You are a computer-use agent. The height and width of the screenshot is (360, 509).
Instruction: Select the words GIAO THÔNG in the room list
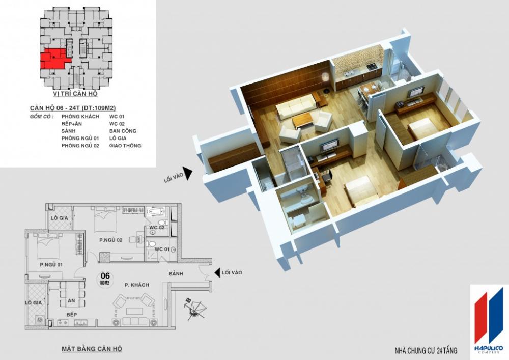click(x=125, y=146)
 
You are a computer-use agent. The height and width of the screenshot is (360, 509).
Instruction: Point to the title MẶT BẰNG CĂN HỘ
click(x=92, y=349)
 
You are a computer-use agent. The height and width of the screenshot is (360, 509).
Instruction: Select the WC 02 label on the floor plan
click(x=156, y=227)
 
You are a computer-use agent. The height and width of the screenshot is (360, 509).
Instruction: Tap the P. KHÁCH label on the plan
click(x=136, y=285)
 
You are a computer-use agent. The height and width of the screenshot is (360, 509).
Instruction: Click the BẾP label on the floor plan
click(x=71, y=315)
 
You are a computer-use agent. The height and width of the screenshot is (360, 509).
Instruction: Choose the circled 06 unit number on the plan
click(x=106, y=279)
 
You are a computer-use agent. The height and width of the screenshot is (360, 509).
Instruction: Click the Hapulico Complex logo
click(x=488, y=319)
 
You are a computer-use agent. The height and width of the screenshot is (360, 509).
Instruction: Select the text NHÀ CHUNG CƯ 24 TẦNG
click(x=426, y=351)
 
